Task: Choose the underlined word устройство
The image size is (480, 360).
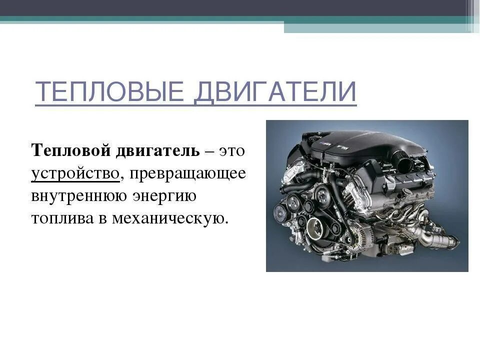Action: point(75,173)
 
